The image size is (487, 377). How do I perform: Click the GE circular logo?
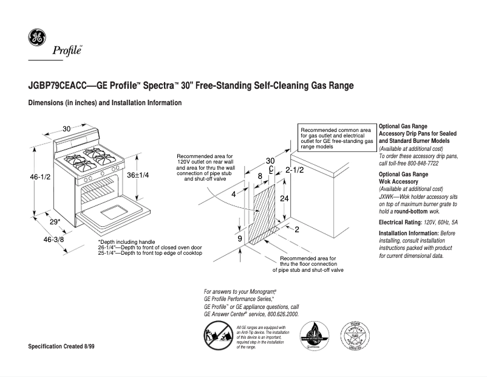36,39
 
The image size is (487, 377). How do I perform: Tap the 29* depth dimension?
54,221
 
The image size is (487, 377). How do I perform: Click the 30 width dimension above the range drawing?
67,128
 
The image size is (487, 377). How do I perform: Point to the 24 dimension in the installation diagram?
284,198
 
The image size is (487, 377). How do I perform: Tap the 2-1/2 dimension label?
295,170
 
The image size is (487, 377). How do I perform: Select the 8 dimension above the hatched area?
261,176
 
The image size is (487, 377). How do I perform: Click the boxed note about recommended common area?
336,139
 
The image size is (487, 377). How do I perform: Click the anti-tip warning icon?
216,337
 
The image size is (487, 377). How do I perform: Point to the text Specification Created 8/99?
62,346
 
